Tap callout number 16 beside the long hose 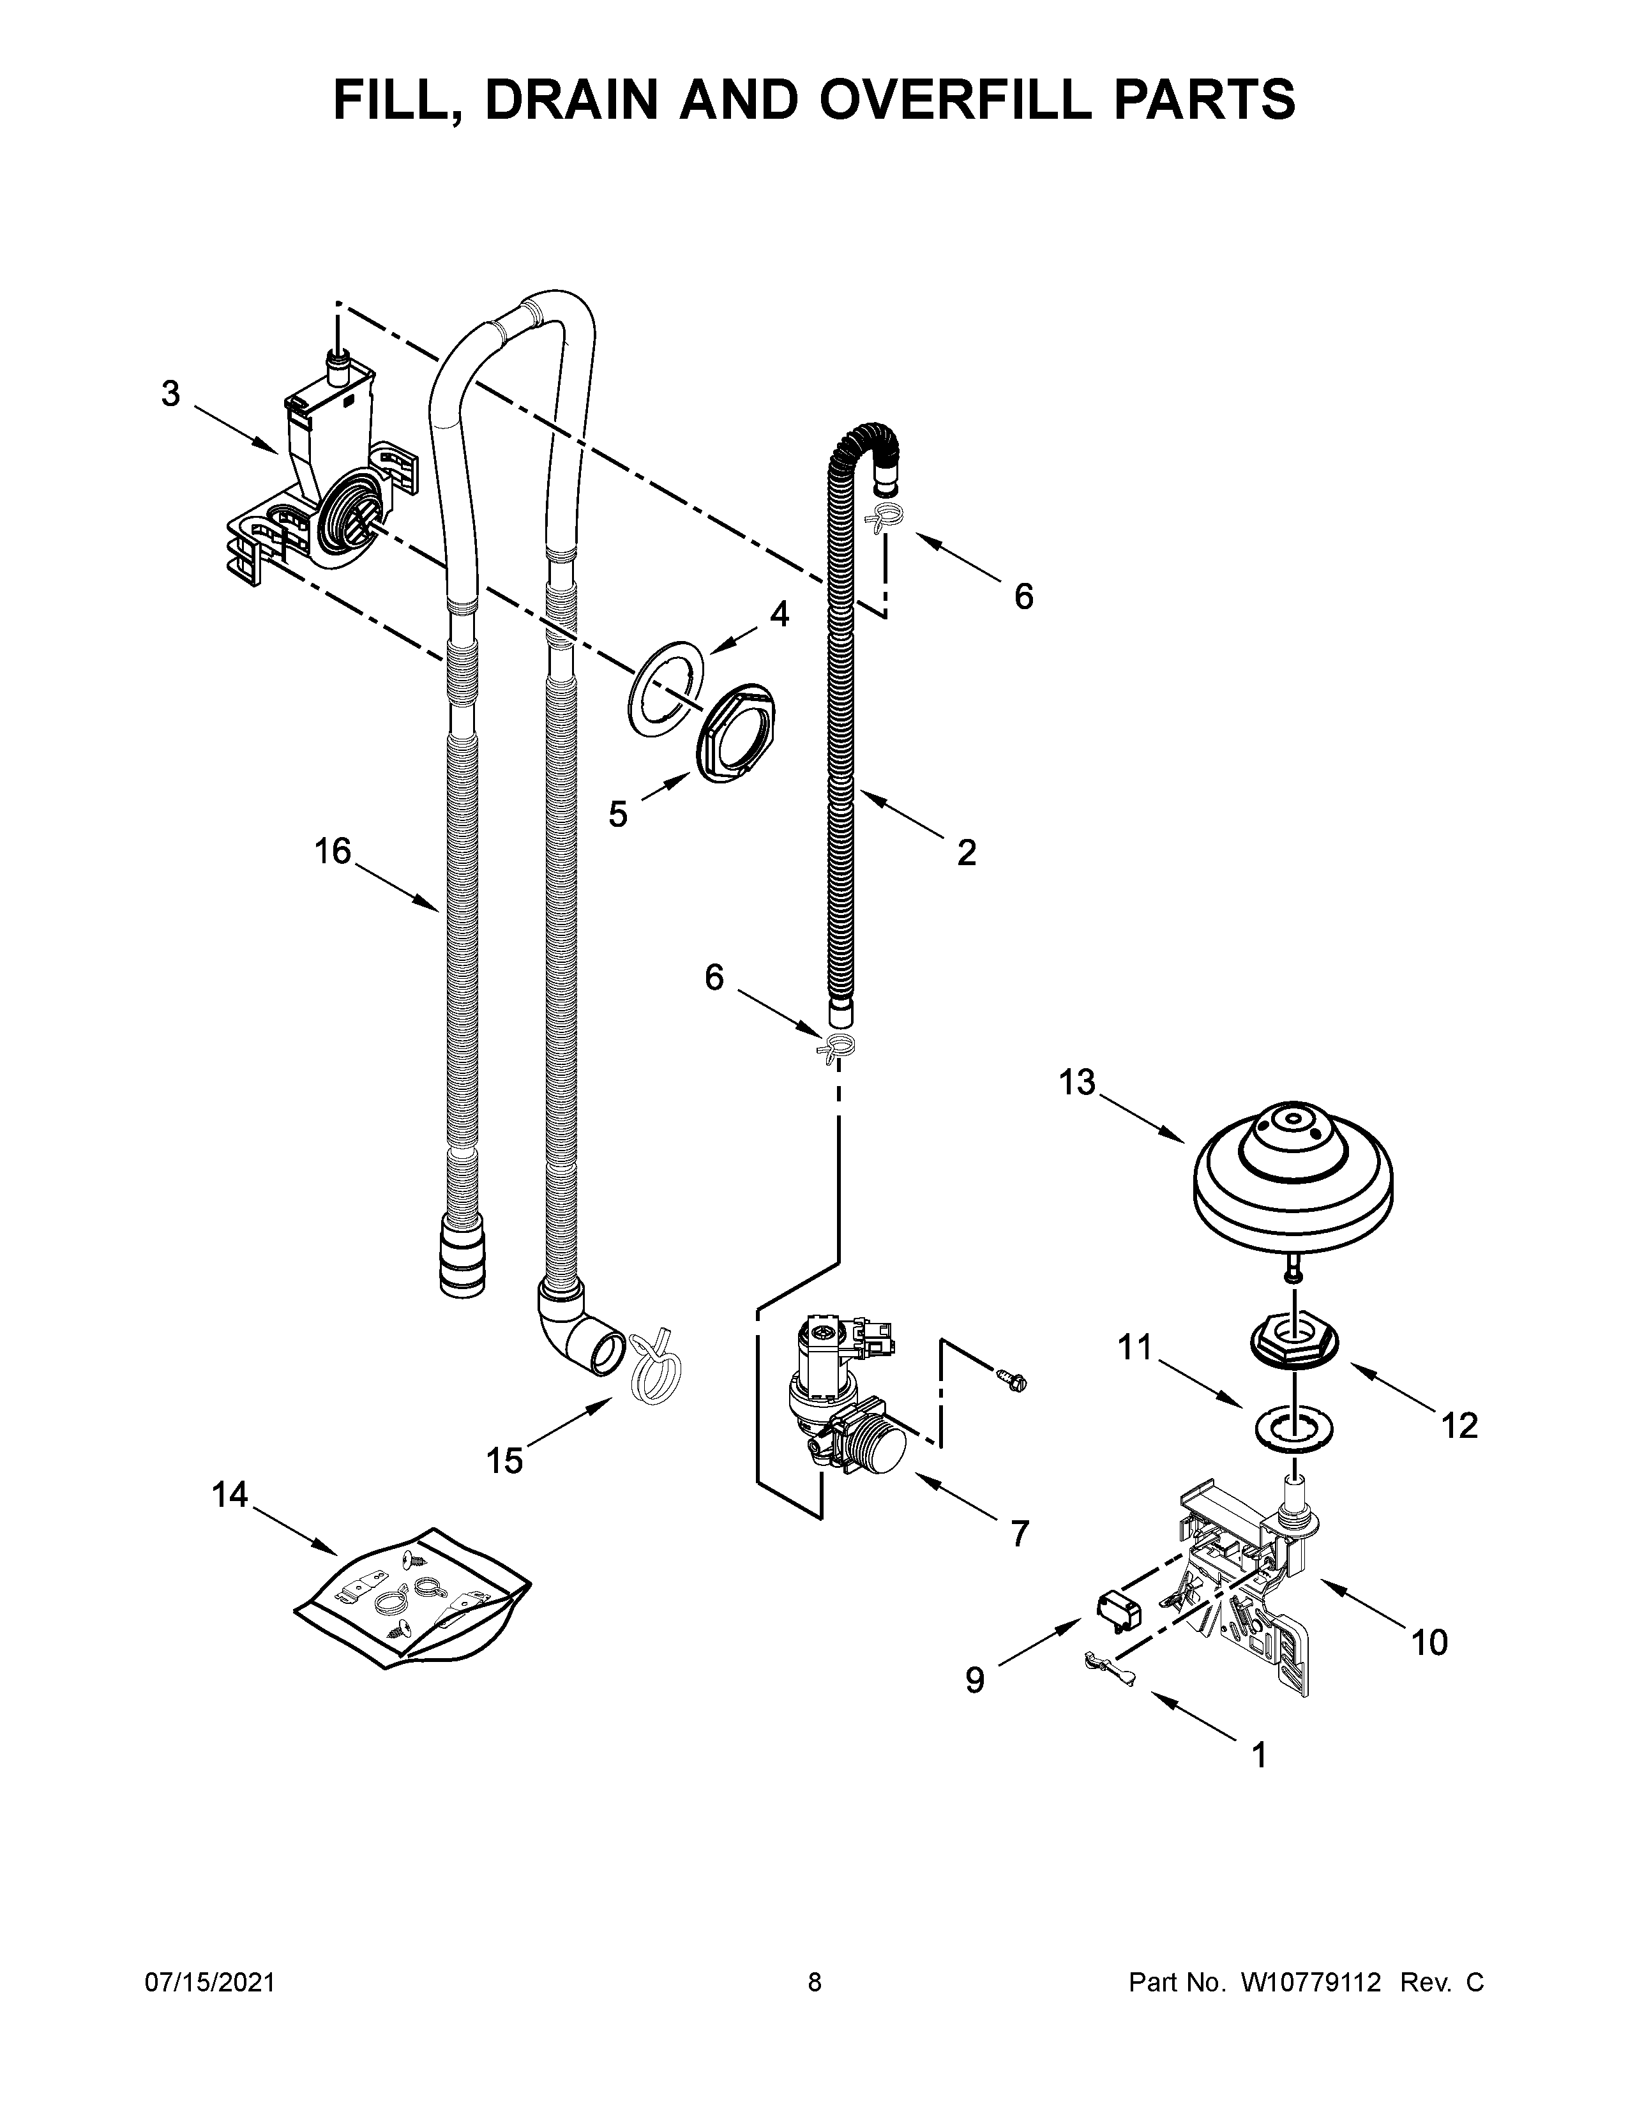point(333,852)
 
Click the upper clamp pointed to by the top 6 point(886,518)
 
